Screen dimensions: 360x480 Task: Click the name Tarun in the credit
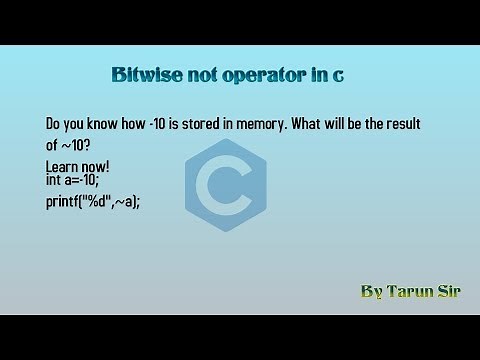pos(410,292)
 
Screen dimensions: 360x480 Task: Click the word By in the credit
pos(371,292)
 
